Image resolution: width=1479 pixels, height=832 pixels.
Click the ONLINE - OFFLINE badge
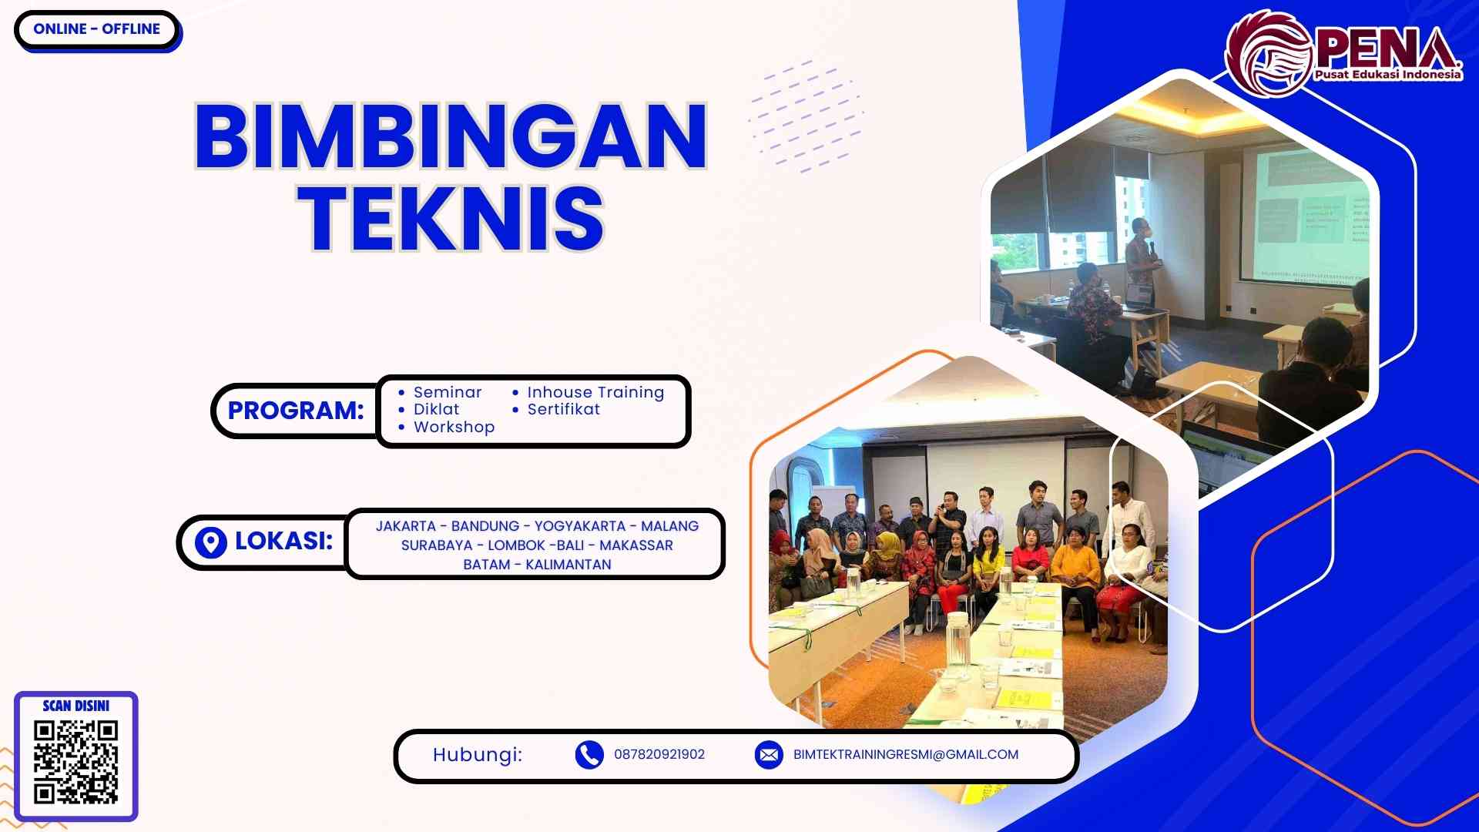pos(96,29)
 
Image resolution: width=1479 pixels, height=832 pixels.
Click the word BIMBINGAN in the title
pos(451,136)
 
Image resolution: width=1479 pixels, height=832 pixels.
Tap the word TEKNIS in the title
pos(451,219)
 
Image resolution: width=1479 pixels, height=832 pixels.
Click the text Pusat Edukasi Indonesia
pos(1387,75)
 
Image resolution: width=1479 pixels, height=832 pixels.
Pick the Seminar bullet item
pos(447,392)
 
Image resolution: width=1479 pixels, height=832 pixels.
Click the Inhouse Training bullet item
pos(595,392)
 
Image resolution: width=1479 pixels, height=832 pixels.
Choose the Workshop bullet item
pos(454,427)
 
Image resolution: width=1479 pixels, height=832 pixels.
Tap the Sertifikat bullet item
pos(563,409)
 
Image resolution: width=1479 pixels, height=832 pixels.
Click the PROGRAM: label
pos(295,411)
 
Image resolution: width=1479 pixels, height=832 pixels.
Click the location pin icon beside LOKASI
pos(210,542)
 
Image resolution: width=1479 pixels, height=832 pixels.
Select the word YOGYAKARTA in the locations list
pos(579,526)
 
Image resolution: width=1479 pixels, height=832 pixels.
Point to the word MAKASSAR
pos(636,545)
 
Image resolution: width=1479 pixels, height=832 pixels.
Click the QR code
pos(75,762)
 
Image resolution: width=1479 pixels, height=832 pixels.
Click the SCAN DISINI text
pos(75,706)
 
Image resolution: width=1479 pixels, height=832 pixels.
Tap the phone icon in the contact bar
pos(589,755)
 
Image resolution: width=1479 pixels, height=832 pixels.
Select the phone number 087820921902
pos(659,755)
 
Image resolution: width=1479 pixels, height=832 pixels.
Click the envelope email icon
pos(769,755)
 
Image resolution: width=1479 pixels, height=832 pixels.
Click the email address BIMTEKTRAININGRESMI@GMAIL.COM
pos(906,755)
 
